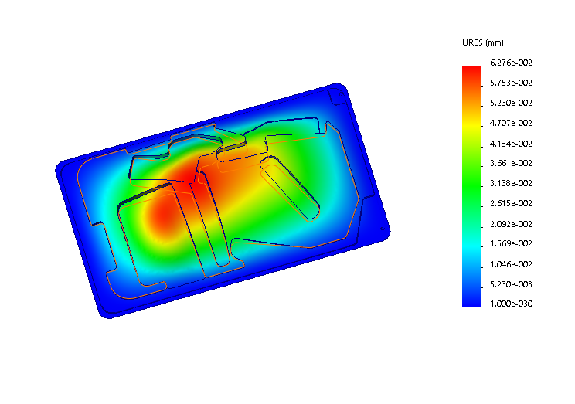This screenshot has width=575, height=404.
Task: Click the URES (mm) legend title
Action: tap(482, 43)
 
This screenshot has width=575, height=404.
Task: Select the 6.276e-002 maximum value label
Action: tap(511, 63)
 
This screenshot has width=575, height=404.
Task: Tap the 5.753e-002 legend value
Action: tap(511, 83)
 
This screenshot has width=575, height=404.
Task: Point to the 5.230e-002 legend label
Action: tap(511, 103)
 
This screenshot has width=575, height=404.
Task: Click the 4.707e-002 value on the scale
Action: tap(511, 123)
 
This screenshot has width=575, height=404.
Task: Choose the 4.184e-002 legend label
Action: tap(511, 144)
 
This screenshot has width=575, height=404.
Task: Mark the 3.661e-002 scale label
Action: tap(511, 164)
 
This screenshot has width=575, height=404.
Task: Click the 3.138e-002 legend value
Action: tap(511, 183)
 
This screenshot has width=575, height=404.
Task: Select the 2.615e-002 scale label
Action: tap(511, 203)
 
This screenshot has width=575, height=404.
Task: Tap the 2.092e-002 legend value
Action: tap(511, 224)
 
